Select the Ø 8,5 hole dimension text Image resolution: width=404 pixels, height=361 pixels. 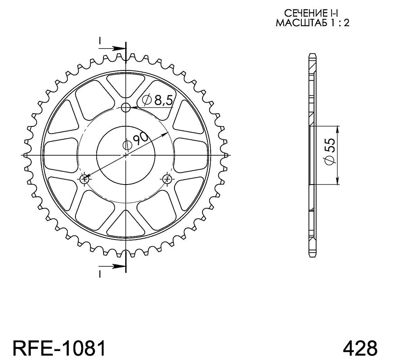[x=158, y=100]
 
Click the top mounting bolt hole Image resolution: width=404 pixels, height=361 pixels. [x=127, y=107]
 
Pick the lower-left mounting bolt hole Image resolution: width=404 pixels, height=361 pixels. [x=84, y=179]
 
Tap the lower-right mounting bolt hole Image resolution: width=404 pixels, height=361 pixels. [x=168, y=179]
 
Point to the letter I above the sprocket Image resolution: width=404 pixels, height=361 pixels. [x=100, y=41]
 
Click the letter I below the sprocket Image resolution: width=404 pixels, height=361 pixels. [x=100, y=273]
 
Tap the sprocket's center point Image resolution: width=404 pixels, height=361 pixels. [x=126, y=155]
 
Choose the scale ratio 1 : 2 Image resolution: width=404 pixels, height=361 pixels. [x=338, y=23]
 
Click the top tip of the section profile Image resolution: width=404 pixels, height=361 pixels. [x=311, y=55]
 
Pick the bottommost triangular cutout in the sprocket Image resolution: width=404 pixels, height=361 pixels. [x=126, y=226]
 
